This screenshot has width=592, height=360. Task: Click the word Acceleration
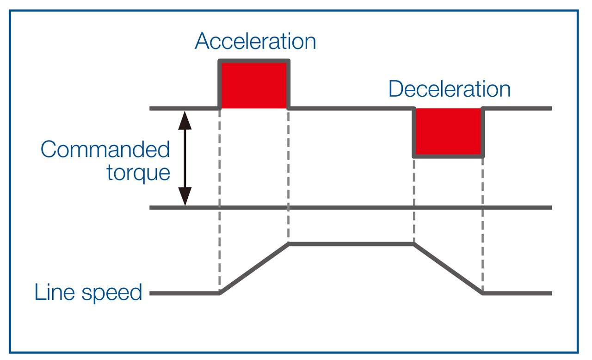(255, 41)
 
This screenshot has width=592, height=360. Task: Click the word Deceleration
(449, 89)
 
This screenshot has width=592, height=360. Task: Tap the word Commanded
(105, 149)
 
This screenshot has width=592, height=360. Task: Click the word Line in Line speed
(55, 292)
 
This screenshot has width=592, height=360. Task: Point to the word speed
(112, 293)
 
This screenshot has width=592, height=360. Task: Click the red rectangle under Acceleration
(254, 86)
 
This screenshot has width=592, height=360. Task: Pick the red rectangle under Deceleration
(448, 131)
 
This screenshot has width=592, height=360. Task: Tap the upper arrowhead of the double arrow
(185, 120)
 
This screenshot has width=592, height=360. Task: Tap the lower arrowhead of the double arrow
(185, 196)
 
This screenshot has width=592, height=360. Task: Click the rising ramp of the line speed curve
(254, 268)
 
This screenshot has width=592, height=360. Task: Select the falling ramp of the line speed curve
(448, 268)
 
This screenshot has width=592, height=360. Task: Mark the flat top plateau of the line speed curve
(351, 244)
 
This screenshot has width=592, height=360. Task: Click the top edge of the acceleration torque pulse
(254, 61)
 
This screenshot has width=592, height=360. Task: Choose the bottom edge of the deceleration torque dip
(448, 156)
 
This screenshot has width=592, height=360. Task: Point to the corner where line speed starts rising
(220, 293)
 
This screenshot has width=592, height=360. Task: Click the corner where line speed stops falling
(482, 293)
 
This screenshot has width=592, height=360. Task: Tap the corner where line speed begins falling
(414, 244)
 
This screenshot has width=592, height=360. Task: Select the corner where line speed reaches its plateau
(289, 244)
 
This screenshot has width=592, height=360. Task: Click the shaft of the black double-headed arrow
(185, 158)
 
